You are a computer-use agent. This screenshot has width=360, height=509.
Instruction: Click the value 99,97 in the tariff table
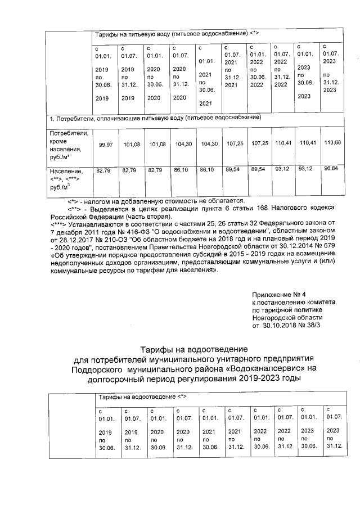click(x=105, y=145)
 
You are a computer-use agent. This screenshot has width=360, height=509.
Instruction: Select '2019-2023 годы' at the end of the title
click(x=272, y=379)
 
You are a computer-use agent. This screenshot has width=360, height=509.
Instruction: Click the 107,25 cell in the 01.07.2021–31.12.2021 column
click(x=232, y=143)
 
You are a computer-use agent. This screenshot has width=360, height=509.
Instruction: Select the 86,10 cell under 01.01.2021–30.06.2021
click(x=206, y=169)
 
